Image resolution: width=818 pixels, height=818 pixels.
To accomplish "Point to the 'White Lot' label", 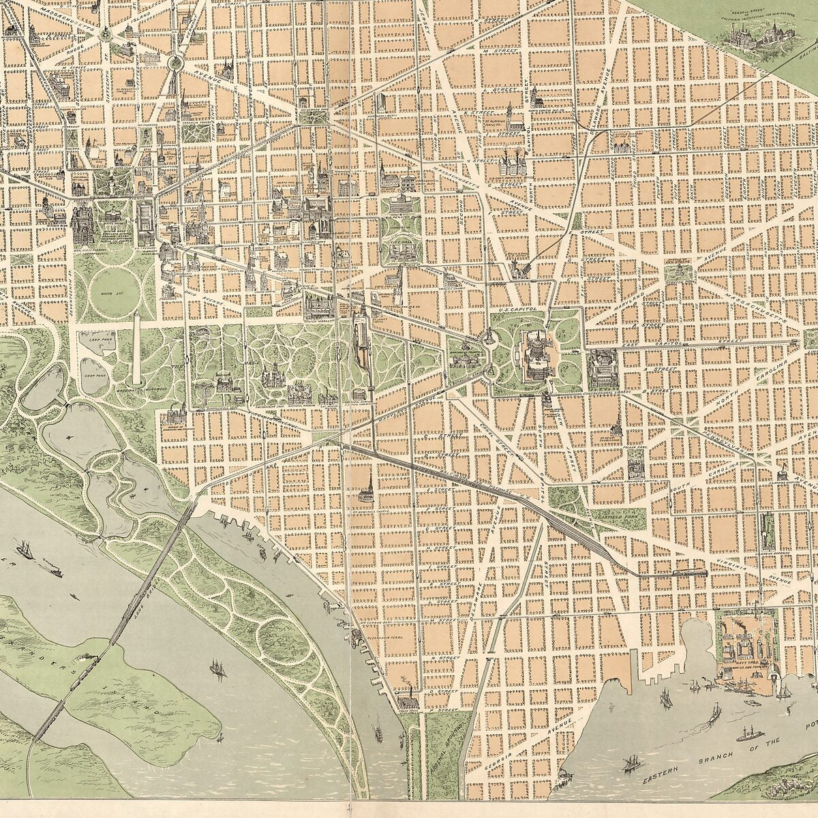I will pos(105,294).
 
